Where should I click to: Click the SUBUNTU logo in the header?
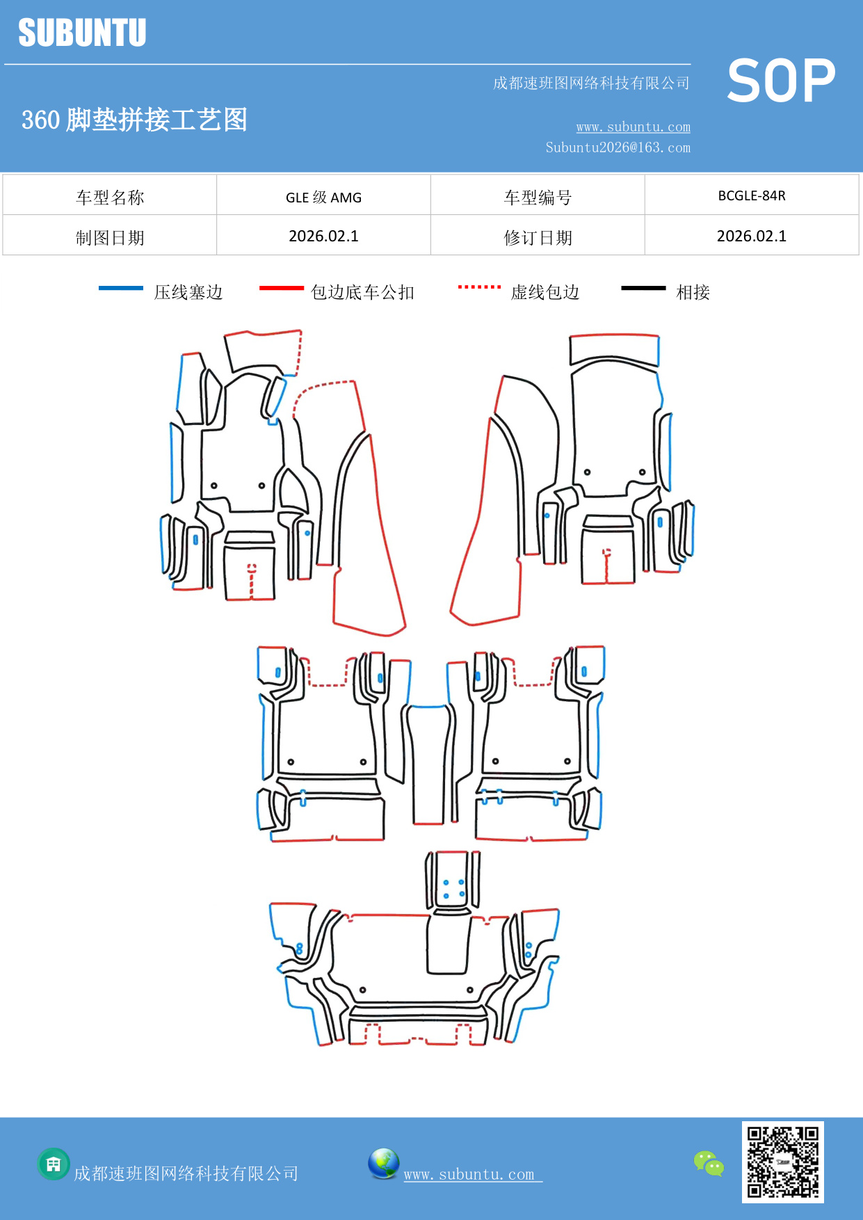coord(82,33)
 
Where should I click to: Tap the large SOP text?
coord(781,81)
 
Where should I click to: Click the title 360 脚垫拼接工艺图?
coord(134,120)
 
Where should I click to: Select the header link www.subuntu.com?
coord(633,127)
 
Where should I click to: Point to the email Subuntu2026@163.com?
coord(618,147)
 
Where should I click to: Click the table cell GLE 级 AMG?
coord(323,197)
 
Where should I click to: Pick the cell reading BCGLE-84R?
coord(751,195)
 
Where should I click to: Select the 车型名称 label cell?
coord(110,197)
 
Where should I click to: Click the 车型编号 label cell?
coord(538,197)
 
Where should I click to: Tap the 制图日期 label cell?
coord(110,237)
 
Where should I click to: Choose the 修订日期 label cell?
coord(538,237)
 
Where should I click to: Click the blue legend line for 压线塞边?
coord(121,288)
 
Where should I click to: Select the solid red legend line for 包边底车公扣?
coord(281,288)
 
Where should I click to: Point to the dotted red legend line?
coord(479,287)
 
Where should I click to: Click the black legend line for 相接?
coord(643,288)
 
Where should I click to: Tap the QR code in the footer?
coord(782,1162)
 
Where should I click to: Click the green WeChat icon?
coord(709,1164)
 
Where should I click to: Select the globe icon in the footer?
coord(383,1164)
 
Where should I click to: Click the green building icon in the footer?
coord(54,1164)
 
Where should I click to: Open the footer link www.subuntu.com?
coord(469,1174)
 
